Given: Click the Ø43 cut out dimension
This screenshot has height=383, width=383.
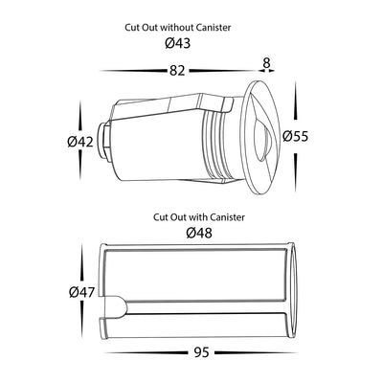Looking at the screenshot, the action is tap(178, 43).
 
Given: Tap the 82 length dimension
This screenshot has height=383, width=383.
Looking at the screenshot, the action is tap(177, 71).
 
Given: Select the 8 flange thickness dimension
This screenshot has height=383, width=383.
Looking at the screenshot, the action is tap(266, 63).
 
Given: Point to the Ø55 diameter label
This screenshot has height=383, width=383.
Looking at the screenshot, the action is tap(296, 137).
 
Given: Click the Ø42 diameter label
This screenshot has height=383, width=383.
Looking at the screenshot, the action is tap(80, 142).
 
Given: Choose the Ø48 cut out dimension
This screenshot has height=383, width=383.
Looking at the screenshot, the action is tap(199, 234).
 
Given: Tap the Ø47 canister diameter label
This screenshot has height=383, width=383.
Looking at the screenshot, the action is tap(82, 292).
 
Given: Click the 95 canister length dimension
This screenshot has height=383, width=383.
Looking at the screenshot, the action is tap(201, 352).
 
